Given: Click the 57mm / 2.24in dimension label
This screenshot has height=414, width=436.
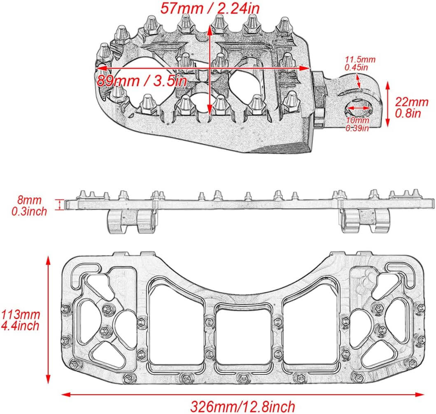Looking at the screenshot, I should pos(210,8).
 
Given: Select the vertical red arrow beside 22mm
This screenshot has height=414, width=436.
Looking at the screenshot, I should pos(388,103).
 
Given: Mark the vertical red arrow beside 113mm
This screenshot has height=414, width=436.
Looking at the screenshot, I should pos(49,320).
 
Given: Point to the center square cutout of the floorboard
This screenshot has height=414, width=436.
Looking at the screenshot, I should pos(244,336).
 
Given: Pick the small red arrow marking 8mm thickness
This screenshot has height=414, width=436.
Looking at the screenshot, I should pos(62,205).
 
